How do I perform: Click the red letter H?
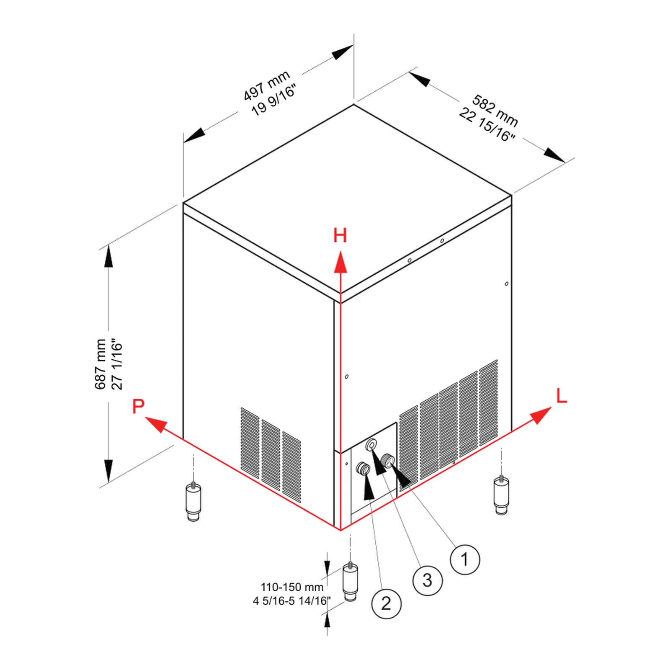coord(340,235)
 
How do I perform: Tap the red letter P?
coord(138,406)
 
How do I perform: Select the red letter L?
coord(562,396)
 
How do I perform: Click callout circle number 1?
coord(465,559)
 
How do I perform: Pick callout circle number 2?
coord(386,603)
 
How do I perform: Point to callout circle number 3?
coord(427,580)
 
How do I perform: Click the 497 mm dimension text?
coord(267,85)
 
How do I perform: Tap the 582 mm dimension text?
coord(495,111)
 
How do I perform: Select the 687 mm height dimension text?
coord(100,364)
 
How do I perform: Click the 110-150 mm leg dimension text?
coord(292,587)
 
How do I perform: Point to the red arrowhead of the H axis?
coord(340,262)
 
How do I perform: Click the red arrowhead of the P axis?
coord(156,424)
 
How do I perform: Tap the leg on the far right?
coord(501,495)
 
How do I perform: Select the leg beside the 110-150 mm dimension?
coord(350,582)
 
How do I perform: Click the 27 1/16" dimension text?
coord(117,364)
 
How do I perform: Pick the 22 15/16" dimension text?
coord(487,125)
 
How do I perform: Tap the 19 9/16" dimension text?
coord(274,100)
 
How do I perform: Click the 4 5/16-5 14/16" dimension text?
coord(292,601)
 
